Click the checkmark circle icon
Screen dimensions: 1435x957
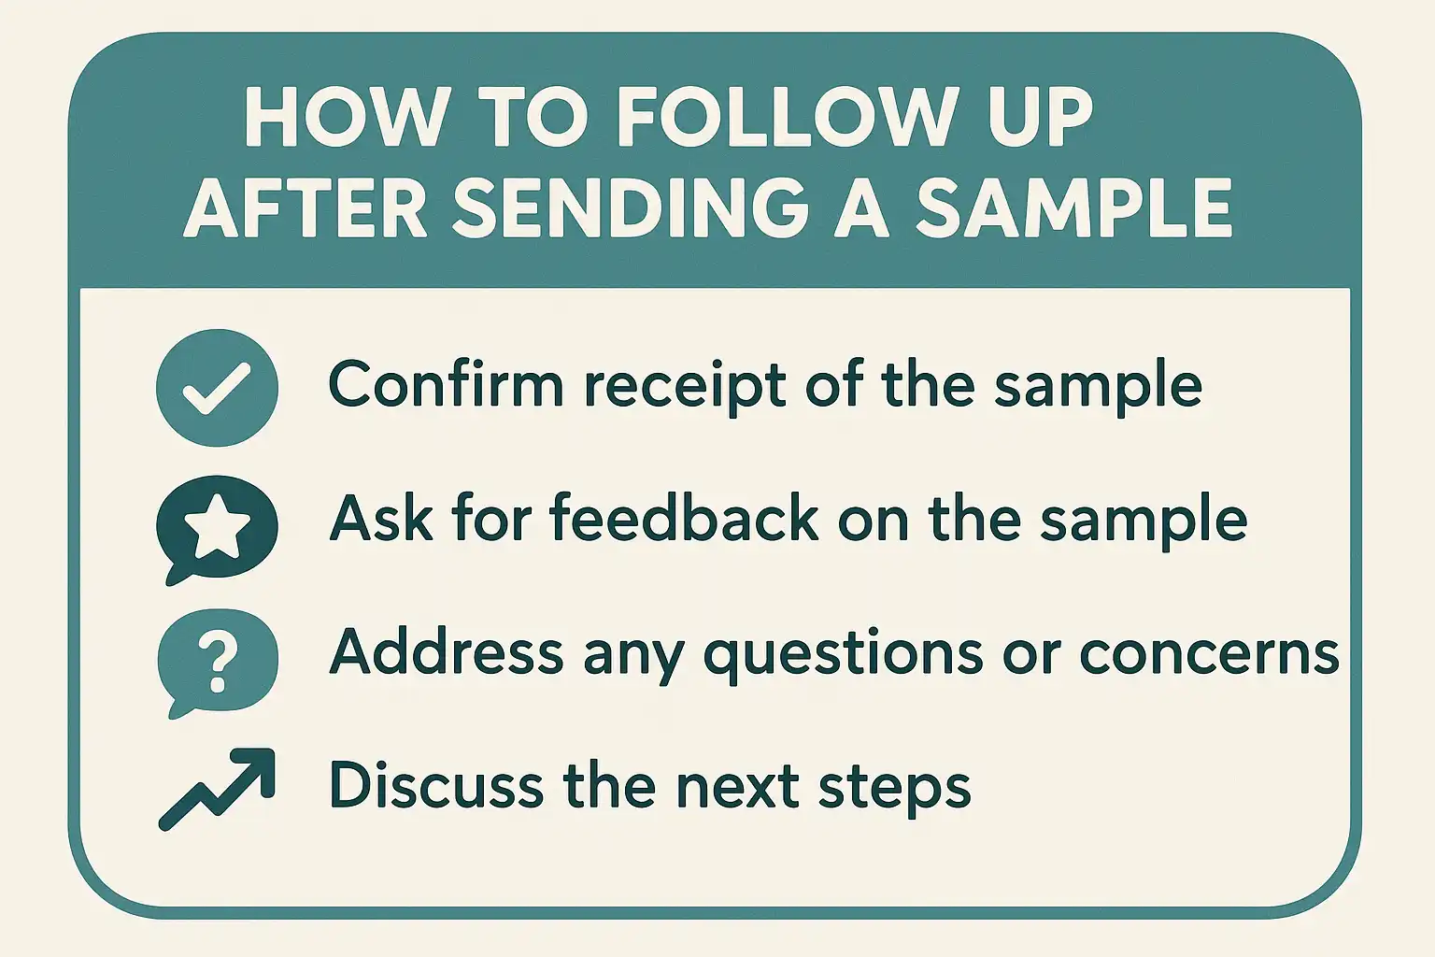pyautogui.click(x=217, y=388)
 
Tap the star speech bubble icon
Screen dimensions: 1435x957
pyautogui.click(x=217, y=530)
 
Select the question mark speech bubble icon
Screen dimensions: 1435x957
pyautogui.click(x=218, y=663)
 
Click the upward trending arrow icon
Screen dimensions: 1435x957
pyautogui.click(x=217, y=790)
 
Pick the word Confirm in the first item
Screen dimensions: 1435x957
pyautogui.click(x=446, y=384)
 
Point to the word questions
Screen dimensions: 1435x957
pyautogui.click(x=843, y=655)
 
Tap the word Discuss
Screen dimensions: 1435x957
pyautogui.click(x=435, y=784)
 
